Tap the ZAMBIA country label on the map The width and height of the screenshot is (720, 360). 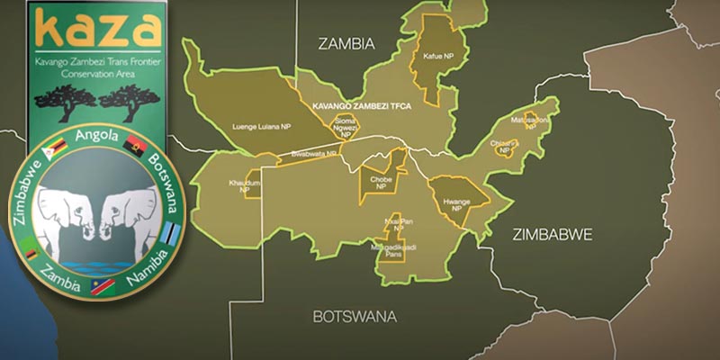pyautogui.click(x=346, y=43)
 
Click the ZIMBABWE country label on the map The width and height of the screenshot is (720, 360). pyautogui.click(x=552, y=234)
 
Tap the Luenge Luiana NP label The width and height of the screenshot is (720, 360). pyautogui.click(x=261, y=127)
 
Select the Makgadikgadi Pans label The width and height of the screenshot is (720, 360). pyautogui.click(x=392, y=249)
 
